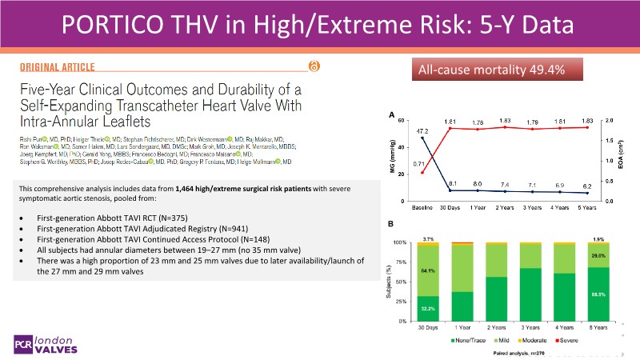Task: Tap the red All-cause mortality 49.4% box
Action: (x=486, y=70)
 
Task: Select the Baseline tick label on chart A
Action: (x=423, y=207)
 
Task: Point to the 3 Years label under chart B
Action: (x=530, y=327)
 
